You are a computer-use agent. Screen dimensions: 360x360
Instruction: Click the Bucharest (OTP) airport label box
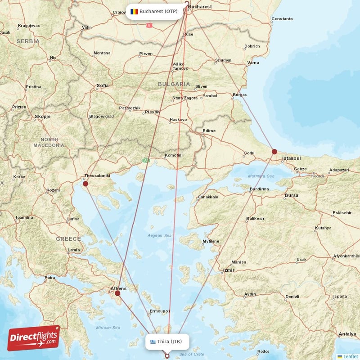click(x=155, y=11)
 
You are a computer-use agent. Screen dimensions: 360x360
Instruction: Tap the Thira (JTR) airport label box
click(x=169, y=342)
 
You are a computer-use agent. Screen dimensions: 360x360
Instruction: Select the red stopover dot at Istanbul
click(x=274, y=152)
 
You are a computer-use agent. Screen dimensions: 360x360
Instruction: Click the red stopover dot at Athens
click(x=117, y=293)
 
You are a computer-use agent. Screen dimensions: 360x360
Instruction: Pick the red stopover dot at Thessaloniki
click(x=85, y=184)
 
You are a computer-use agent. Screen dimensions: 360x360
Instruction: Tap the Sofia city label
click(x=103, y=85)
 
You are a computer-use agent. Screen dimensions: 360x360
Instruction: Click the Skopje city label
click(x=43, y=117)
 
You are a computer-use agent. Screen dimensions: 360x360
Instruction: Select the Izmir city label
click(x=229, y=270)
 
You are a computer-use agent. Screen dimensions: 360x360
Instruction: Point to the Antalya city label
click(x=347, y=334)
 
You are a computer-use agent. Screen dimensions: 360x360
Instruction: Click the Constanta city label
click(x=282, y=19)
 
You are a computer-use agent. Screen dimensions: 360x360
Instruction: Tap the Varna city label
click(x=253, y=62)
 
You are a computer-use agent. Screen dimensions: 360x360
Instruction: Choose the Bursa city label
click(x=292, y=195)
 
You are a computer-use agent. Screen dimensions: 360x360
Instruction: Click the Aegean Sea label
click(x=160, y=235)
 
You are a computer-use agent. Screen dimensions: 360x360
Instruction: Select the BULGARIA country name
click(x=174, y=84)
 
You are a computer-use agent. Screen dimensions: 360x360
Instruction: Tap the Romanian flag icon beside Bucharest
click(x=134, y=11)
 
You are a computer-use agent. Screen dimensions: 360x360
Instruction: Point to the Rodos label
click(x=263, y=351)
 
